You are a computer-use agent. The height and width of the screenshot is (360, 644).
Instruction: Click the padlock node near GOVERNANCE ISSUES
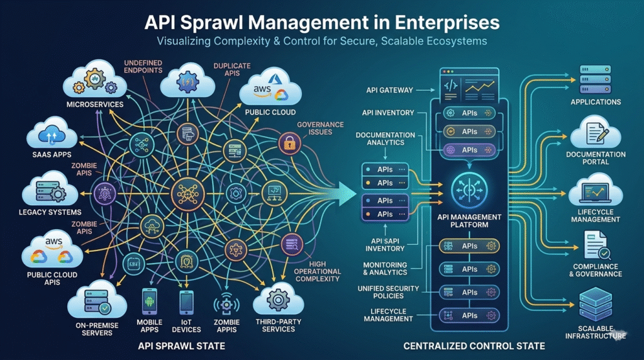[x=290, y=143]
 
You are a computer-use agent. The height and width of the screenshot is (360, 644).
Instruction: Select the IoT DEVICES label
[x=186, y=325]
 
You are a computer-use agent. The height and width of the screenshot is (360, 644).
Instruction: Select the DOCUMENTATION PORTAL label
[x=596, y=158]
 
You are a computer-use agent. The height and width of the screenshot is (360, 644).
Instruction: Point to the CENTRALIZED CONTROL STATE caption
[x=474, y=347]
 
